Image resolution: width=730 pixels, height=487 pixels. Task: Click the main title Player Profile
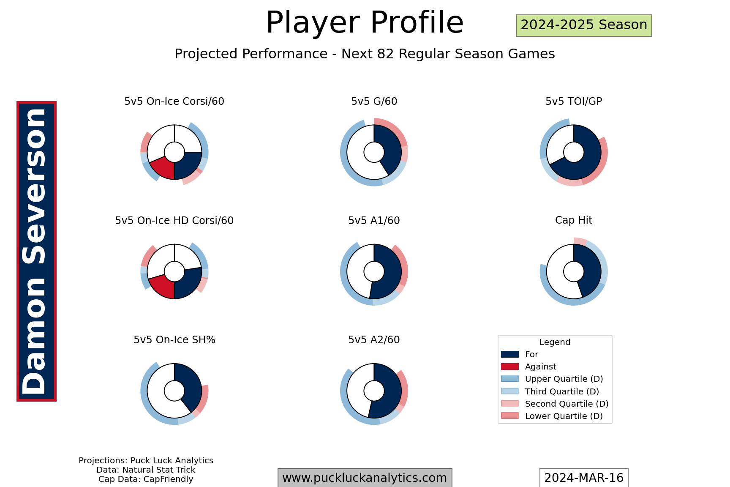coord(365,22)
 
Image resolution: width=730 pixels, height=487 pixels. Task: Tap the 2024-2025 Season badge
coord(584,25)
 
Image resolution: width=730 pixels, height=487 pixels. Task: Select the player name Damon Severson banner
coord(36,251)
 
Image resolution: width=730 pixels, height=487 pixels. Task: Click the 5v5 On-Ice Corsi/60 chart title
coord(174,101)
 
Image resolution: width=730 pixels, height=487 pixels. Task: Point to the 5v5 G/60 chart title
coord(374,101)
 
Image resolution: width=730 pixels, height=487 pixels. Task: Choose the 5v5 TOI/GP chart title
coord(574,101)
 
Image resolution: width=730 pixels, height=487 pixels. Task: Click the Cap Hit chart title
coord(574,220)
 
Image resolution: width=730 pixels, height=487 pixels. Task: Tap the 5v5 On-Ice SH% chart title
coord(174,340)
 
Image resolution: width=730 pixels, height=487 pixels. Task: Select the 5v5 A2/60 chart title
coord(374,340)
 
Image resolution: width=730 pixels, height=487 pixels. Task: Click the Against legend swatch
coord(510,367)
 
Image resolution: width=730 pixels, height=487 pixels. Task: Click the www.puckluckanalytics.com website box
coord(365,478)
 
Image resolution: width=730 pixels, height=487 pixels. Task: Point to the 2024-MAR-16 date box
coord(584,478)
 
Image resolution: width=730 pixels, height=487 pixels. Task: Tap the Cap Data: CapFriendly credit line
coord(146,479)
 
